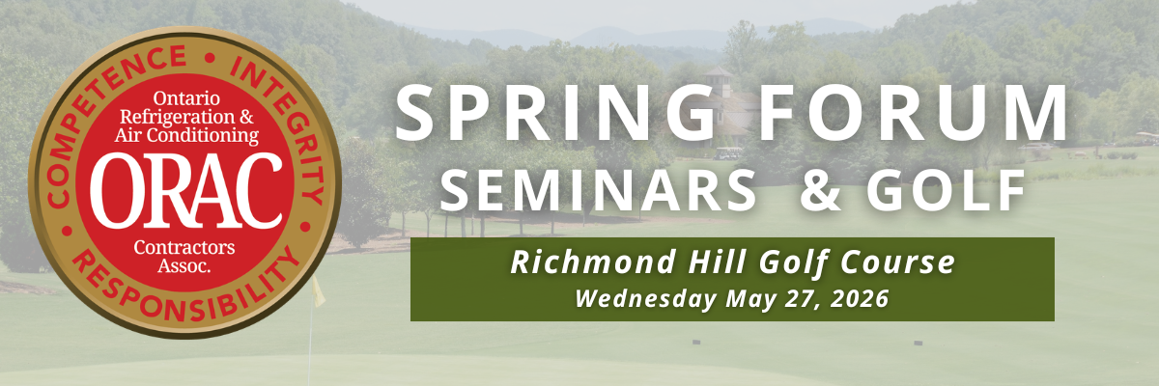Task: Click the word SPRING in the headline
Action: click(x=554, y=113)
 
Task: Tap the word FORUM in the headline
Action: click(x=913, y=113)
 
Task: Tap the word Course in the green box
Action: click(x=897, y=262)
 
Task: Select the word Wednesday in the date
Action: click(x=646, y=298)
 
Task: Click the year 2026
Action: click(x=860, y=299)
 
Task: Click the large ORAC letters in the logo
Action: click(x=186, y=191)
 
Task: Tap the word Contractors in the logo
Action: click(x=184, y=247)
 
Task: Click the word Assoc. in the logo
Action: click(x=184, y=266)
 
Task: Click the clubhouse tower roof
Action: click(x=720, y=71)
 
